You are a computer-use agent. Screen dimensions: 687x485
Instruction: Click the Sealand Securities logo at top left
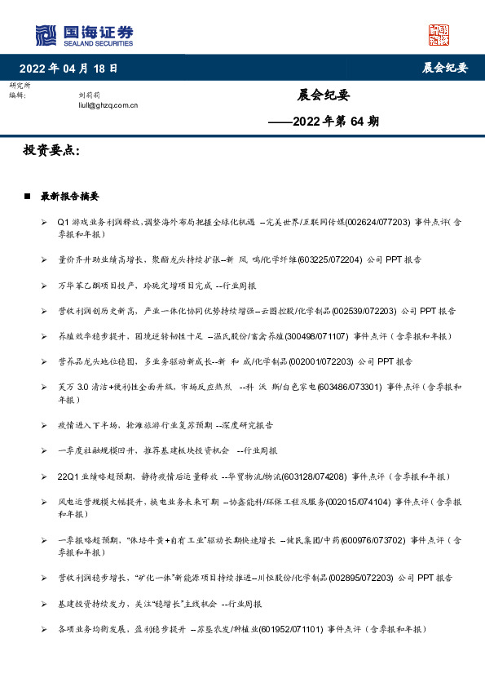coord(84,34)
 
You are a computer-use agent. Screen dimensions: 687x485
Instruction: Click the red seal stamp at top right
coord(439,34)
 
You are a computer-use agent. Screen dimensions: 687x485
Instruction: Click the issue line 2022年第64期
coord(324,122)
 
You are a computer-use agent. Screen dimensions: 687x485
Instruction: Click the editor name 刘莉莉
coord(87,95)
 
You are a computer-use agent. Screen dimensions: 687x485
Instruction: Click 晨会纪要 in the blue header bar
coord(445,68)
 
